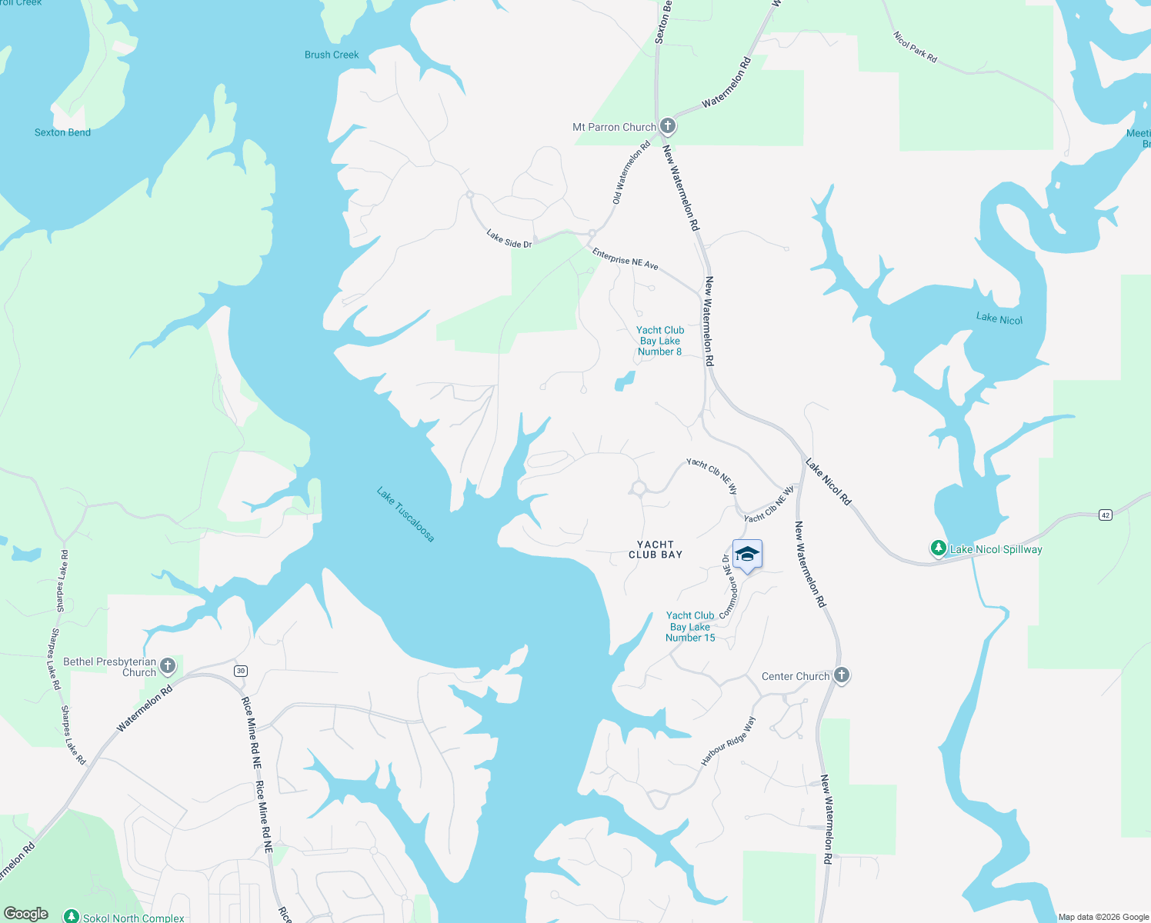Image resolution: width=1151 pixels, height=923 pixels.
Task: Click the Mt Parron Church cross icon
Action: pyautogui.click(x=668, y=126)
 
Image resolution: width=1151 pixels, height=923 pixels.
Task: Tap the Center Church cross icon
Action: pyautogui.click(x=841, y=675)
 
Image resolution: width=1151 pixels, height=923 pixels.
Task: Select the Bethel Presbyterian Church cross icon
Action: pyautogui.click(x=168, y=666)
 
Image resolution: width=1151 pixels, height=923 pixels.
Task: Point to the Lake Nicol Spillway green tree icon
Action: pyautogui.click(x=938, y=548)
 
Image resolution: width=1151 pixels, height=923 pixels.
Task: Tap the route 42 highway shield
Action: pyautogui.click(x=1106, y=515)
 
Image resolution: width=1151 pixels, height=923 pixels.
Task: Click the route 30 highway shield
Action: pyautogui.click(x=241, y=671)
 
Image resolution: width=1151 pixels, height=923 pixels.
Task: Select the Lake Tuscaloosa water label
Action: pyautogui.click(x=405, y=514)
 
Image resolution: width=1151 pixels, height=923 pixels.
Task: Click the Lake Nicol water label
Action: pyautogui.click(x=999, y=318)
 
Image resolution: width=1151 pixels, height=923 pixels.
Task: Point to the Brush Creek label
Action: pyautogui.click(x=332, y=55)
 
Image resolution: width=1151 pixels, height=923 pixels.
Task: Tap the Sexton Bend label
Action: pyautogui.click(x=62, y=132)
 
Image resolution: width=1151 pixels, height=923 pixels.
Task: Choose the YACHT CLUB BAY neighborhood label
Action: pyautogui.click(x=656, y=549)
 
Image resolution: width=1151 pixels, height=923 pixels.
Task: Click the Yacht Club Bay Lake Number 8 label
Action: pyautogui.click(x=660, y=341)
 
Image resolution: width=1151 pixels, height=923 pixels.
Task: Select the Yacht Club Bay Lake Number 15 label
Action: pyautogui.click(x=690, y=626)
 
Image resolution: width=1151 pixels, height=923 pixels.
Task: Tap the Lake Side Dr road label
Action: pyautogui.click(x=509, y=239)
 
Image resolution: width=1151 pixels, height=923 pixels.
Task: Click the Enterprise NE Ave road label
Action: pyautogui.click(x=625, y=259)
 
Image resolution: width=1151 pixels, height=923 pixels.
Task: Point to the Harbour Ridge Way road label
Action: pyautogui.click(x=728, y=741)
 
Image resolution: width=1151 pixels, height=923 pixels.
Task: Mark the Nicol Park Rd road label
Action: pyautogui.click(x=915, y=47)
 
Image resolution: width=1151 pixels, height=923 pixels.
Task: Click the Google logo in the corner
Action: pyautogui.click(x=26, y=914)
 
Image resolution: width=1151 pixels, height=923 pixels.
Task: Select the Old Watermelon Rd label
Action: pyautogui.click(x=631, y=172)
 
